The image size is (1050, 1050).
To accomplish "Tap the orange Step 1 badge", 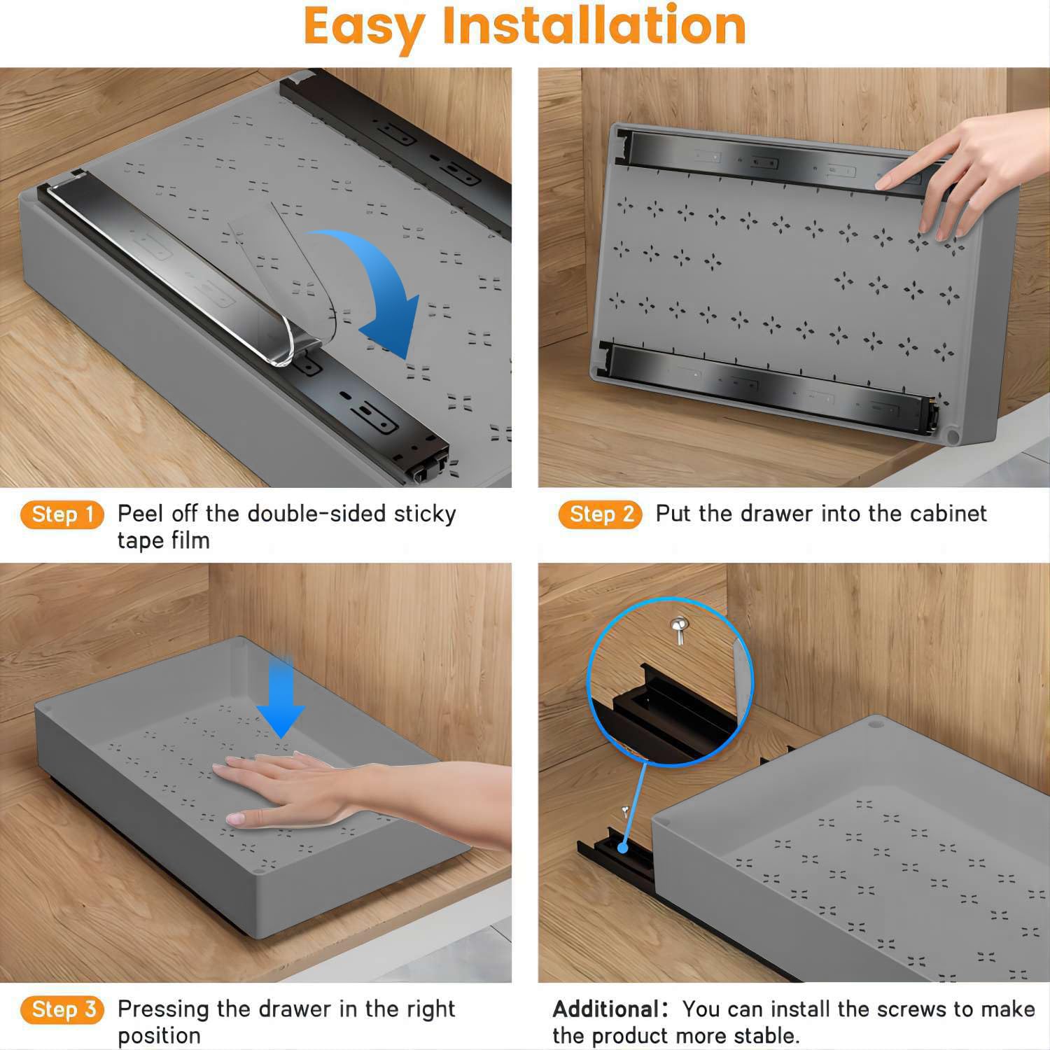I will [62, 515].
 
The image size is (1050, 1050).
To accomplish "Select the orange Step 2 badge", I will [600, 515].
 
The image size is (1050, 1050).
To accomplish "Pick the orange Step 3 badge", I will [62, 1010].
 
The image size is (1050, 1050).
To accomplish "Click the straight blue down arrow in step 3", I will [280, 700].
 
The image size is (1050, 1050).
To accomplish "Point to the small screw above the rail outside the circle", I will [624, 812].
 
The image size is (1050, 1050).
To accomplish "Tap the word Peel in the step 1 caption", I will [141, 514].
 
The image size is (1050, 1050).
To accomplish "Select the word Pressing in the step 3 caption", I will [164, 1009].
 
